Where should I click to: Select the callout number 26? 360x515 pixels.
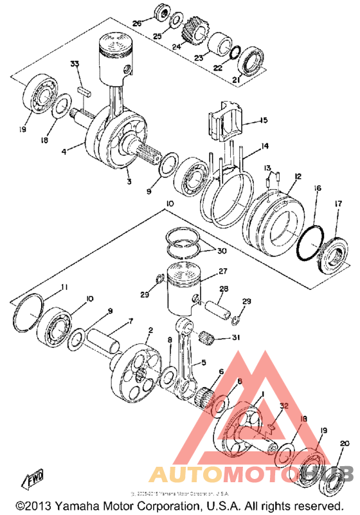point(136,24)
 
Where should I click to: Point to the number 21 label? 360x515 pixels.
point(235,80)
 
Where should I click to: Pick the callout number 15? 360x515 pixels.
point(264,120)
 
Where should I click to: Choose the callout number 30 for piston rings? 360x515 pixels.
point(221,250)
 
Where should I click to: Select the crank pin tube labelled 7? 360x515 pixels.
point(104,338)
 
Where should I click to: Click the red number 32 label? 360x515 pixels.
point(283,406)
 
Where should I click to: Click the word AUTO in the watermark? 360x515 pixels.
point(189,474)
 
